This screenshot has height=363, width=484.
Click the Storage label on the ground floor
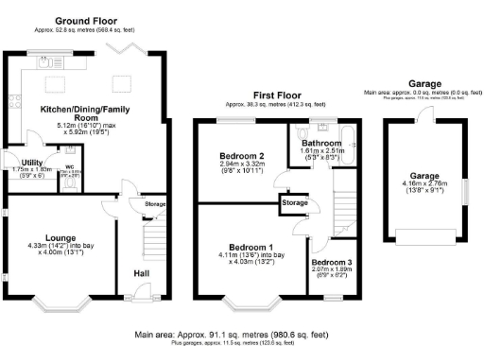154,204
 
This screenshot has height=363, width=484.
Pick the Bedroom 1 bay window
251,305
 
